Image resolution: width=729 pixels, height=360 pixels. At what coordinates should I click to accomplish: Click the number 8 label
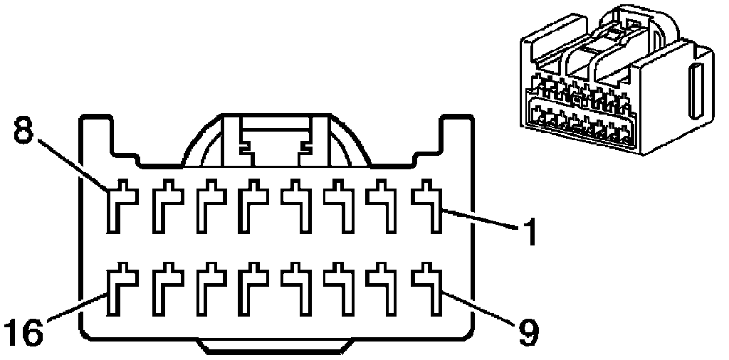tap(23, 131)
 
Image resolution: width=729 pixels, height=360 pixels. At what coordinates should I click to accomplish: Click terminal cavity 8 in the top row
tap(117, 206)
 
